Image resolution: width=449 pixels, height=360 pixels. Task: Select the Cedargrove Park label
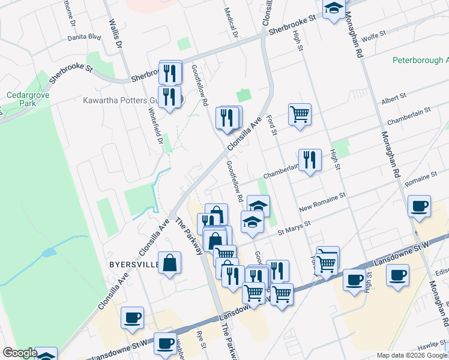pos(28,99)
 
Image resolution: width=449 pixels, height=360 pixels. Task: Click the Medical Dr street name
pos(231,24)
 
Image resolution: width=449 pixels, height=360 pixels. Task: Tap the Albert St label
pos(394,97)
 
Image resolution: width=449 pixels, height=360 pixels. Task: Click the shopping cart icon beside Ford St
pos(300,113)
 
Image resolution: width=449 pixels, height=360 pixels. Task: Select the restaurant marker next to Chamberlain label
pos(310,160)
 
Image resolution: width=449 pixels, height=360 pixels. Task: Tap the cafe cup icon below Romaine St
pos(419,206)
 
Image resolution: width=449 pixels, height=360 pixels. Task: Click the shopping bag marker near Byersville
pos(170,262)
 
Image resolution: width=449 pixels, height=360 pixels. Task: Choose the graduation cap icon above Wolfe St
pos(333,8)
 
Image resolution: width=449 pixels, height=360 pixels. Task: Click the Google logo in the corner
pos(20,353)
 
